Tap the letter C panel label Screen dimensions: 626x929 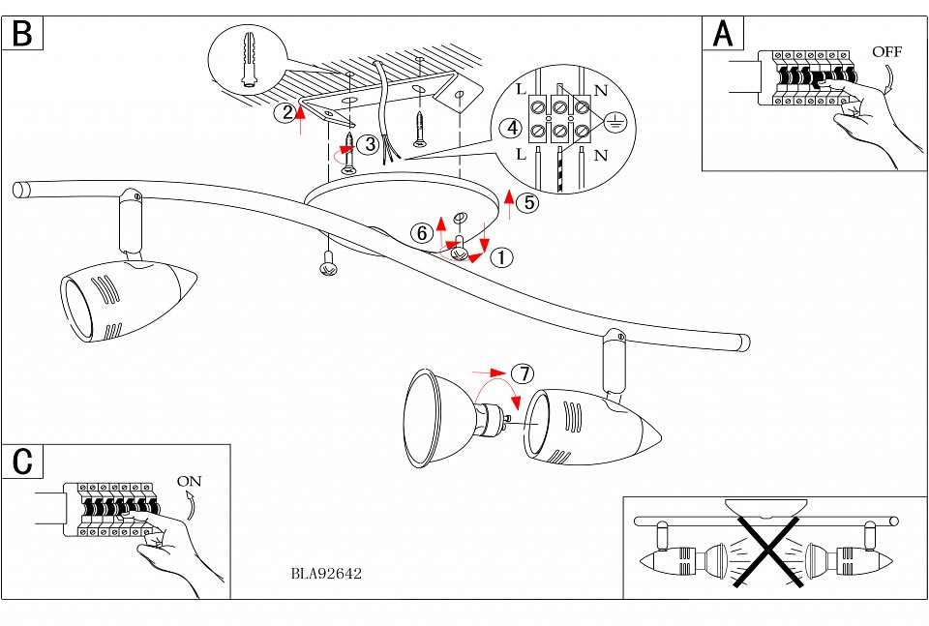[x=22, y=462]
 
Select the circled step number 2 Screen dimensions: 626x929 [x=285, y=112]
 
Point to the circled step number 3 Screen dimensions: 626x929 [x=367, y=144]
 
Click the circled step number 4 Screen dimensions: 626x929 [x=510, y=128]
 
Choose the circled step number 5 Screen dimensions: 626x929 [x=526, y=203]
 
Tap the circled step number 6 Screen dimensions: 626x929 [x=420, y=233]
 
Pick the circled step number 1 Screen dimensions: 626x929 [x=501, y=257]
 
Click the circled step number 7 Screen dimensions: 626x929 [x=523, y=373]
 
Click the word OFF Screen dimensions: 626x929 [x=886, y=51]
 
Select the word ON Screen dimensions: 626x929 [x=191, y=480]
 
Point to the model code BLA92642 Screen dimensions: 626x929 [x=326, y=573]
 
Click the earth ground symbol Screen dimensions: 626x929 [x=615, y=122]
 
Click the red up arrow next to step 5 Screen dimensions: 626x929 [x=508, y=203]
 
